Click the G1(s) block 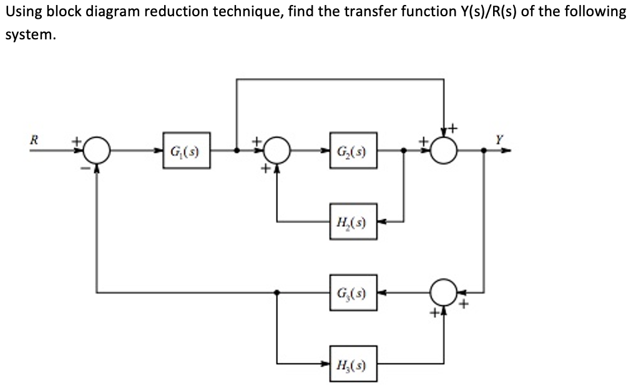[x=186, y=151]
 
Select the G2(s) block [x=354, y=151]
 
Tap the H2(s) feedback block [x=354, y=221]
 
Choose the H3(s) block [x=354, y=363]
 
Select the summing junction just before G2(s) [x=276, y=151]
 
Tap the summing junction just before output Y [x=444, y=151]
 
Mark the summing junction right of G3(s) [x=444, y=291]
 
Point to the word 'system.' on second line [x=31, y=36]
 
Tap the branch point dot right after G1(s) [x=237, y=151]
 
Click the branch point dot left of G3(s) [x=276, y=292]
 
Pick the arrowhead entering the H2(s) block [x=381, y=221]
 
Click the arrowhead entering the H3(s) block [x=327, y=363]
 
